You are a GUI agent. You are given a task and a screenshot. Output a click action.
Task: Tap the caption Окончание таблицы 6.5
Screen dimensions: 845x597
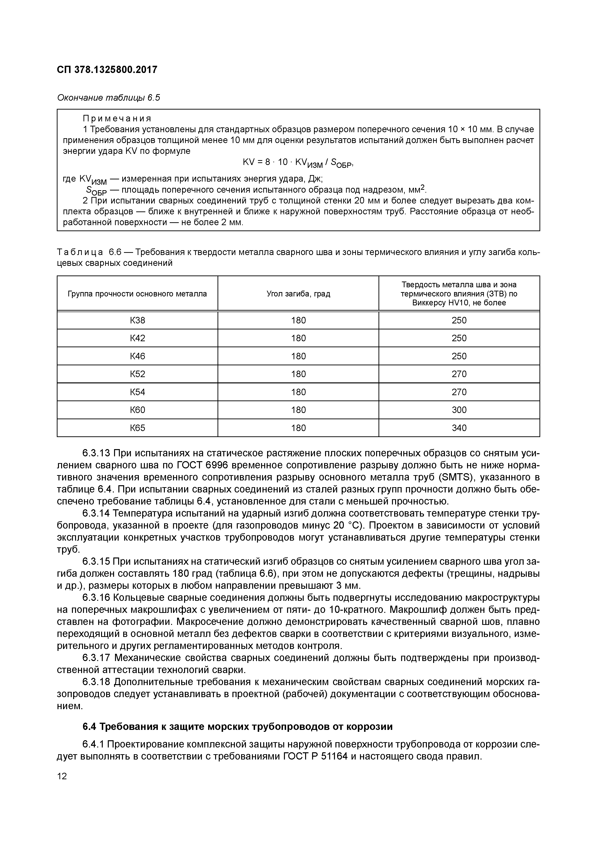[109, 98]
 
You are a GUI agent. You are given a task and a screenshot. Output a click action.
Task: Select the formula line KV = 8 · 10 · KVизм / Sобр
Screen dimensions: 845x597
[298, 163]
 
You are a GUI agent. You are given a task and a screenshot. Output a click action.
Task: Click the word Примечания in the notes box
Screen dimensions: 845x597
[117, 118]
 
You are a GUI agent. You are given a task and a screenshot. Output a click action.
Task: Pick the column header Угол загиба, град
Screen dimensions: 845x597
[298, 294]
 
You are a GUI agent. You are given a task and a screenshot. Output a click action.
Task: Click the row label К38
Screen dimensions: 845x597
[138, 320]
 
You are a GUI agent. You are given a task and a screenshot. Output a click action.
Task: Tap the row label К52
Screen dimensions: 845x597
[138, 374]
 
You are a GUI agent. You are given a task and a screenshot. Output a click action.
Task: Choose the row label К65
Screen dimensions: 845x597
[138, 428]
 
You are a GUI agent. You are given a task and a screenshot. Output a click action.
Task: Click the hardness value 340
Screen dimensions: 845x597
[459, 428]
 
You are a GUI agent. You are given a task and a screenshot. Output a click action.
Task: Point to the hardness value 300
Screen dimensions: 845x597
[459, 410]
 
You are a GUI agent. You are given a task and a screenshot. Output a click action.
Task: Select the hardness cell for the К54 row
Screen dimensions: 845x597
[459, 392]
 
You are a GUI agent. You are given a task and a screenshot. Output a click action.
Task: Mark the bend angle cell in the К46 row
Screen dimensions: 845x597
[298, 356]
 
